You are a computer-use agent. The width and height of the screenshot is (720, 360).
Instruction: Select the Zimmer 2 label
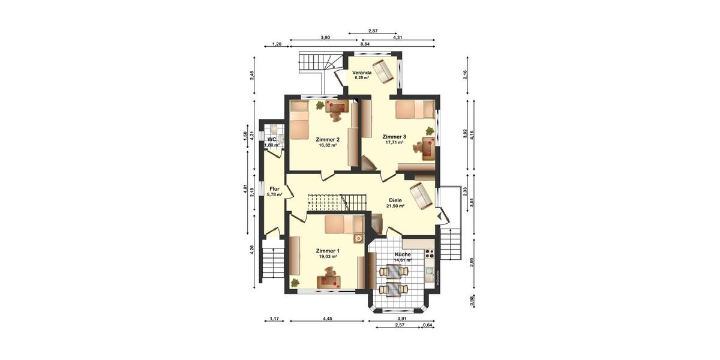327,139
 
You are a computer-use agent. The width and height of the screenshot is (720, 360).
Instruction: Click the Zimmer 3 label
394,137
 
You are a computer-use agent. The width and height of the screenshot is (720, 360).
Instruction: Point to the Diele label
395,200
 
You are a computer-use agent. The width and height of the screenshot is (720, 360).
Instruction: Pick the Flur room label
274,188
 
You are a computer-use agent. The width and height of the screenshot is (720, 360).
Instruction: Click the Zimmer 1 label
328,251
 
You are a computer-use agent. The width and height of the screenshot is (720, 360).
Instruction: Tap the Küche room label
403,254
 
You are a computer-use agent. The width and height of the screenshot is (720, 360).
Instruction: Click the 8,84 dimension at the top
365,44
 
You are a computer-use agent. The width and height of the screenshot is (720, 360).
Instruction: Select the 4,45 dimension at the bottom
327,319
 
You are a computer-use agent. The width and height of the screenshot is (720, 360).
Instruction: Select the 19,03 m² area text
328,257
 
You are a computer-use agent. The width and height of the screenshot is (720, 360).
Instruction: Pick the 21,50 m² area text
395,206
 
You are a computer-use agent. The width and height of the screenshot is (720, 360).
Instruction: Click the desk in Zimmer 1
328,280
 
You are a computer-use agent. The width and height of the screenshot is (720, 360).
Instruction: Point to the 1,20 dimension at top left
277,44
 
